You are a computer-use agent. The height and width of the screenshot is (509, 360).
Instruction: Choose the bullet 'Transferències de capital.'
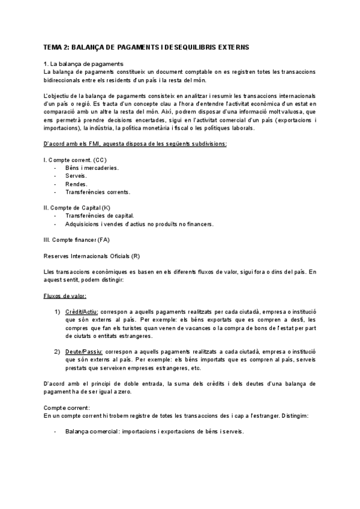pyautogui.click(x=99, y=216)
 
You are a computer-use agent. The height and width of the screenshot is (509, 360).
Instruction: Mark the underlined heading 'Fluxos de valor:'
pyautogui.click(x=65, y=296)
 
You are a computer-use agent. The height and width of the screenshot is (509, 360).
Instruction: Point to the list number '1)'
pyautogui.click(x=57, y=312)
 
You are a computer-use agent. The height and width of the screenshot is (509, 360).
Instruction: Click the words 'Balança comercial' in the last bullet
pyautogui.click(x=90, y=432)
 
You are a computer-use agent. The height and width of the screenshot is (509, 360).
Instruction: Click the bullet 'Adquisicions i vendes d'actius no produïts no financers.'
pyautogui.click(x=139, y=224)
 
